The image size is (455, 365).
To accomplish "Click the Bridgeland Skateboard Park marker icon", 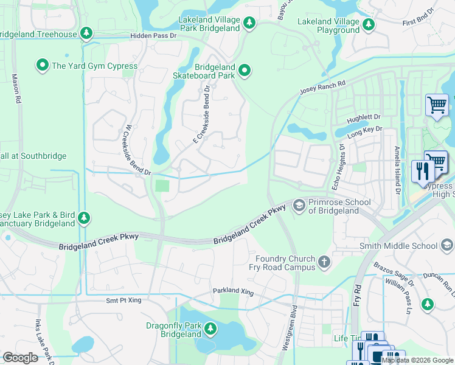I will click(x=245, y=71).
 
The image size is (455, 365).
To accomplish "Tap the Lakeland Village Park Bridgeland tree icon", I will click(x=249, y=23).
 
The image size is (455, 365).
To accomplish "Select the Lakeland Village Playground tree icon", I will click(x=368, y=25).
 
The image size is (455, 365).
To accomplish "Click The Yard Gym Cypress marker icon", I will click(x=43, y=64).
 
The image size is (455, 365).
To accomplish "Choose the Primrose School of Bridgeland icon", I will click(x=299, y=206).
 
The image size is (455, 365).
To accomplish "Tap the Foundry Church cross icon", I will click(x=324, y=262).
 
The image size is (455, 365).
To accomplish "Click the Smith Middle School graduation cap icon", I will click(x=446, y=245).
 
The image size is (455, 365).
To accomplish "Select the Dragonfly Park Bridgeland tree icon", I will click(x=210, y=329).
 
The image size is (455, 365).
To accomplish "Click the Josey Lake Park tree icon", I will click(x=84, y=217).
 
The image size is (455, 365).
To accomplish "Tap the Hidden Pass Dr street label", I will click(x=153, y=36).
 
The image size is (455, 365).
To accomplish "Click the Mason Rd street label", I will click(x=17, y=88).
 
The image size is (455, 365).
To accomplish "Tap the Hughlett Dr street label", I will click(x=363, y=117).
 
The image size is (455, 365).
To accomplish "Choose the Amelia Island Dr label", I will click(x=397, y=162).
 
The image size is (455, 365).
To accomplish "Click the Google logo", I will click(x=21, y=358).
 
